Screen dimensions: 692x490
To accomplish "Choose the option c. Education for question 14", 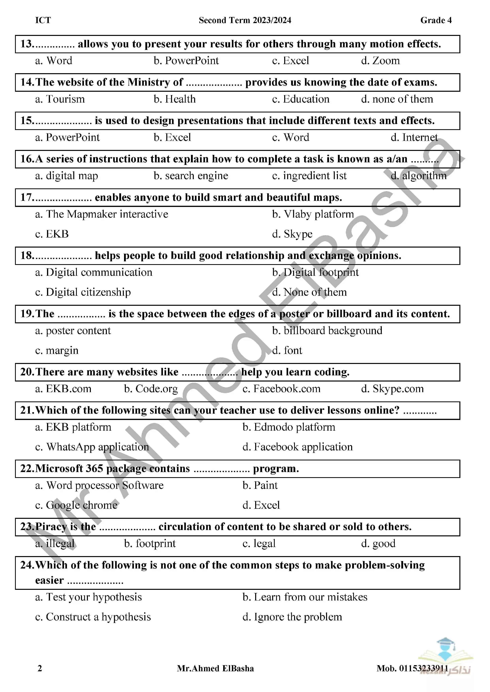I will [301, 99].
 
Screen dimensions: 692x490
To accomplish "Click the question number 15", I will [26, 121].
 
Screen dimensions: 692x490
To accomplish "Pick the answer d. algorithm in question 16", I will [419, 176].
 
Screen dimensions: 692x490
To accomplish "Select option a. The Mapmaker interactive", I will [102, 214].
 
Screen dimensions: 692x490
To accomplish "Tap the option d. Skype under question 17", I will [292, 234].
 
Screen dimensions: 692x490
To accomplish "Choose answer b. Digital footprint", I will [315, 272].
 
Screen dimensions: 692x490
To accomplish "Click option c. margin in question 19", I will [57, 351].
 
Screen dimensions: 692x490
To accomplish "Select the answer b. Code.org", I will [151, 389].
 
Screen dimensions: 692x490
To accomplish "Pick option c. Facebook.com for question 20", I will [281, 389].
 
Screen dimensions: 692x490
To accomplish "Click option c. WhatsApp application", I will [92, 447].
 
